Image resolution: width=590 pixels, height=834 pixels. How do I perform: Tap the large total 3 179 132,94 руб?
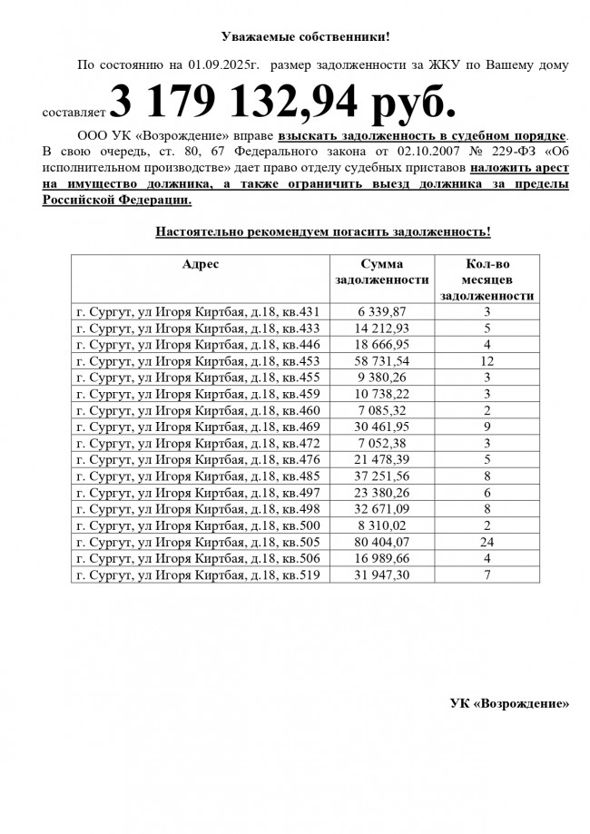[283, 103]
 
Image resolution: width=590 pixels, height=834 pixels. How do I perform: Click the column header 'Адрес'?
[200, 264]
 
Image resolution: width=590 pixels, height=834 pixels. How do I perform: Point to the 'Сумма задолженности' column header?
[381, 271]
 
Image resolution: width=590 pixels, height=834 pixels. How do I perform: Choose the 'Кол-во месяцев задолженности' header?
[487, 280]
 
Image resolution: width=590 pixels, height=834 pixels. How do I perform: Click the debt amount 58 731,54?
[382, 361]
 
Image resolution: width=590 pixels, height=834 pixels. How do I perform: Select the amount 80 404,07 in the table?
[382, 542]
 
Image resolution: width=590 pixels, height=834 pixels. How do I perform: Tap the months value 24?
[487, 542]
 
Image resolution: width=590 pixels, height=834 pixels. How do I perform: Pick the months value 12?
[487, 361]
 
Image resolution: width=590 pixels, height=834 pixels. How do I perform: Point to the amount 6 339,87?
[382, 312]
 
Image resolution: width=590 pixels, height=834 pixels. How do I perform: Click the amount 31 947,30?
[382, 574]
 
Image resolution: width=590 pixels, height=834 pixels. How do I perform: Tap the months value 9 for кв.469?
[487, 427]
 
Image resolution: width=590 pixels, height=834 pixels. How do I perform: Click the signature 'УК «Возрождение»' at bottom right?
[510, 703]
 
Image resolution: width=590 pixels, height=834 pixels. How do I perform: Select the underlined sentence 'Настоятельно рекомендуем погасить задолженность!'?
[323, 231]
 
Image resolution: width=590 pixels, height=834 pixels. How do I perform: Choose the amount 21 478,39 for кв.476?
[382, 460]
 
